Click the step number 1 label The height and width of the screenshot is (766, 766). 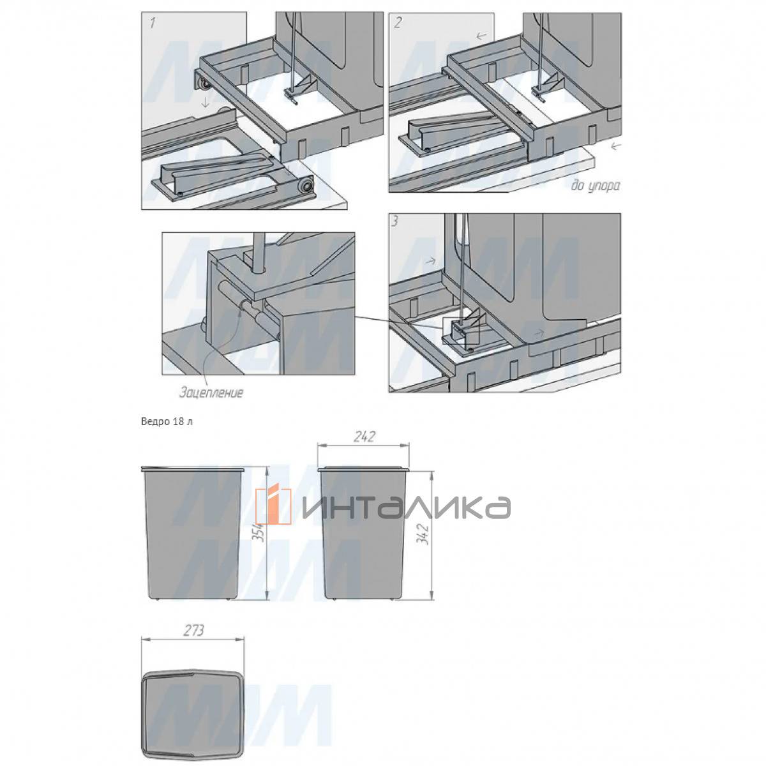click(x=152, y=22)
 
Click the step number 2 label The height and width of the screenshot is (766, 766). click(x=398, y=23)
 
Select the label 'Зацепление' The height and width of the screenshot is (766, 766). click(x=211, y=393)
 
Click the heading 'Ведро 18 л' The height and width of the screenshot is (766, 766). click(x=167, y=422)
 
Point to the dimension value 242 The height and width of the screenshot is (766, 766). click(x=364, y=437)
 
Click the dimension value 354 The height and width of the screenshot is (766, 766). click(x=259, y=536)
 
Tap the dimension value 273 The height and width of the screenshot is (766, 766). click(x=193, y=631)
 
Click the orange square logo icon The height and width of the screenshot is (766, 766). click(x=273, y=506)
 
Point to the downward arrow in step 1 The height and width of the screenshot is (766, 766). click(x=205, y=103)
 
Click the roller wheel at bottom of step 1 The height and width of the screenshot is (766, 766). click(x=306, y=186)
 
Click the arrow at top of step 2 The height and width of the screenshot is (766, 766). click(x=481, y=36)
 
